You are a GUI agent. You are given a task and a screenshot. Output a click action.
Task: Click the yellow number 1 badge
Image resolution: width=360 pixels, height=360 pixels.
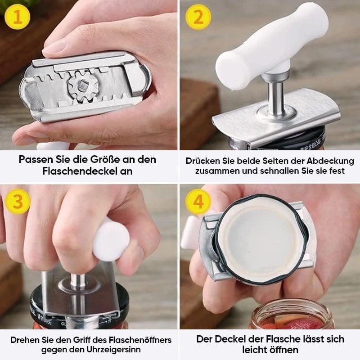coord(17,17)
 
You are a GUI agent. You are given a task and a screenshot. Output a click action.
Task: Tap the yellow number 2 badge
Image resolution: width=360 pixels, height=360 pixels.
coord(198,17)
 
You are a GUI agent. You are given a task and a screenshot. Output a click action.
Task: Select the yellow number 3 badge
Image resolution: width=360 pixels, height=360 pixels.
coord(18,202)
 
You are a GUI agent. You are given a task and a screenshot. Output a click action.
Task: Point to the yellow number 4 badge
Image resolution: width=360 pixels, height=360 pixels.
coord(198,202)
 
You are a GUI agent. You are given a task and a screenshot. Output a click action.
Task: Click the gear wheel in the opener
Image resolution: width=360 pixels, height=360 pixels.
coord(83,86)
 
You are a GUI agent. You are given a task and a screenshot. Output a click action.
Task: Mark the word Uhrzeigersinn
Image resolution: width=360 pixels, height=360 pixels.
coord(114,350)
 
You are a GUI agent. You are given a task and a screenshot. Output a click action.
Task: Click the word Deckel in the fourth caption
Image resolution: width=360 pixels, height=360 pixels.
coord(233,339)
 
